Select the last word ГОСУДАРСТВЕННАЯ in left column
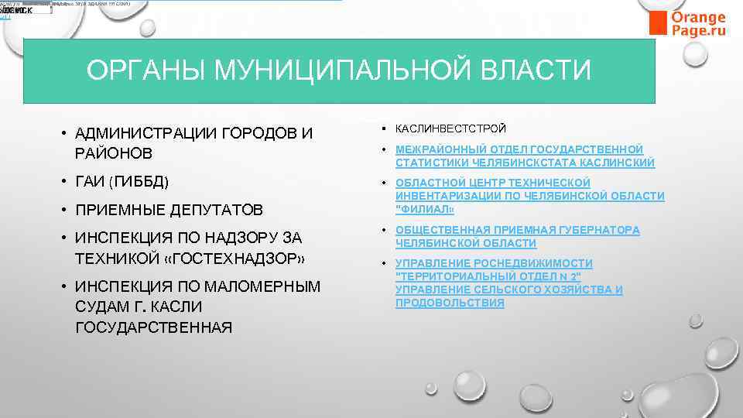click(153, 327)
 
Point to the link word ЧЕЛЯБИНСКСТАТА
click(514, 163)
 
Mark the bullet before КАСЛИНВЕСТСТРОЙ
click(385, 128)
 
